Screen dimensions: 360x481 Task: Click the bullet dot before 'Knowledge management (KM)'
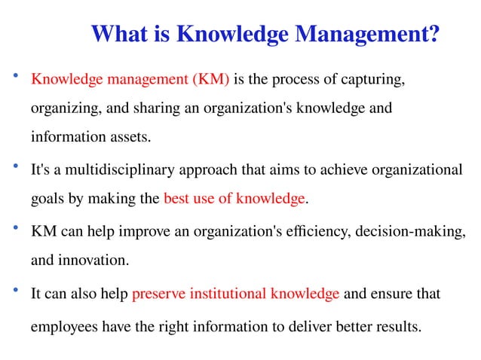14,77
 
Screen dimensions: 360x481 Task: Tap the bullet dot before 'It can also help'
14,291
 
